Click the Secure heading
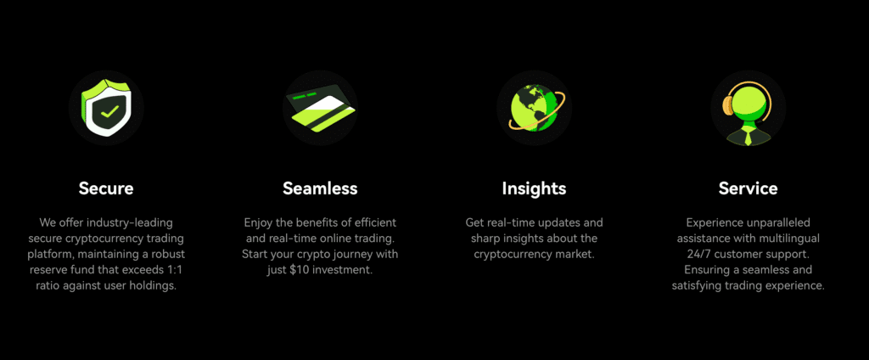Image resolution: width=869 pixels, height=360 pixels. [106, 188]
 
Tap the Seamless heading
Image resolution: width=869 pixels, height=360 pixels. [320, 188]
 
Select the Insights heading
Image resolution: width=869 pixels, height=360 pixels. [534, 188]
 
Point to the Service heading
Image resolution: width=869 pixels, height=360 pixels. [748, 188]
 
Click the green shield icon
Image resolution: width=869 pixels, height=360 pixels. [106, 108]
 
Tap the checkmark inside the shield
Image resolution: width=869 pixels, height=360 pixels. [109, 111]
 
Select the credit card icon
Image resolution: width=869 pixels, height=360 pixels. [320, 109]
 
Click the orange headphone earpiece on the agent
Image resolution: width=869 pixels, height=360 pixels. [728, 104]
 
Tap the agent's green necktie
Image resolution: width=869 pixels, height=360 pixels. [748, 136]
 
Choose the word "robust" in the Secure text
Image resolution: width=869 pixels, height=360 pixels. [168, 255]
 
